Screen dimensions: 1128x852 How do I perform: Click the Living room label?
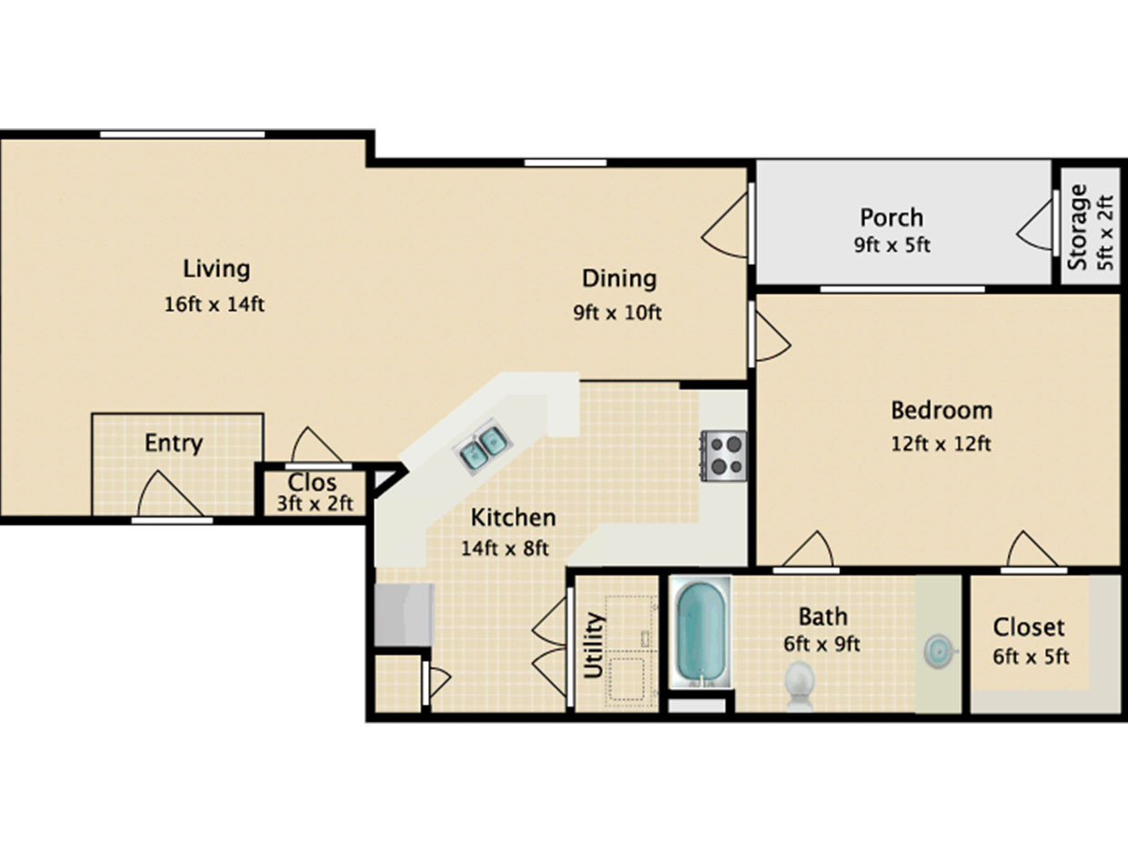tap(216, 270)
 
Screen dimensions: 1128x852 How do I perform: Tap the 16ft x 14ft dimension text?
tap(214, 305)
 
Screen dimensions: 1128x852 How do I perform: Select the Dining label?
tap(619, 279)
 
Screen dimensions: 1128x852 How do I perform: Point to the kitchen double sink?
tap(483, 446)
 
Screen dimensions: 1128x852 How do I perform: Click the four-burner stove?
tap(724, 456)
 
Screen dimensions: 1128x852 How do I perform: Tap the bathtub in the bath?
tap(701, 633)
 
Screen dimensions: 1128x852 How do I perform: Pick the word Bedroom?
tap(942, 411)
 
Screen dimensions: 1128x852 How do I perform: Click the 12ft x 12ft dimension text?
tap(941, 444)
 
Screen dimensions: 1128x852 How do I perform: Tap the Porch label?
tap(892, 218)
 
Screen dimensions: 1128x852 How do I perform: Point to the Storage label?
tap(1079, 227)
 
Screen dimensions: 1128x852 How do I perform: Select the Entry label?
tap(174, 444)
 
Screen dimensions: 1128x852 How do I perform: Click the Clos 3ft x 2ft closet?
tap(314, 493)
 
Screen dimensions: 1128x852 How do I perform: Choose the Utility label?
tap(594, 645)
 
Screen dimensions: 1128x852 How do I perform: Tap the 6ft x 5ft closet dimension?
tap(1031, 657)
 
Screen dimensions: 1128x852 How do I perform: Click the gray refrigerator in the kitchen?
tap(404, 615)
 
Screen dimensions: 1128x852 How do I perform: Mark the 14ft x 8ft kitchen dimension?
tap(504, 549)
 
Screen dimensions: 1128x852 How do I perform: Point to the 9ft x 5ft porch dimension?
tap(892, 246)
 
